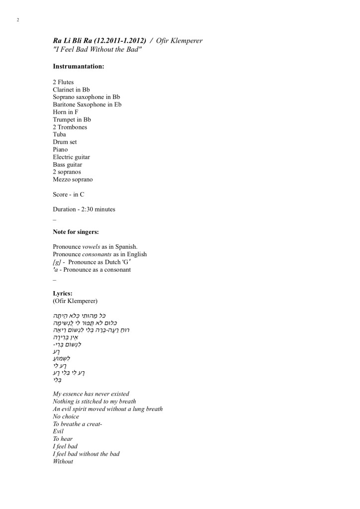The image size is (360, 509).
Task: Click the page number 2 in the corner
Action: (18, 20)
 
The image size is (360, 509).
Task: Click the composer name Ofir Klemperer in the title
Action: (179, 41)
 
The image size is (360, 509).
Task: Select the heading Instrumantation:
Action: (78, 66)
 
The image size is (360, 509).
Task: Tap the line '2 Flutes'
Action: (63, 82)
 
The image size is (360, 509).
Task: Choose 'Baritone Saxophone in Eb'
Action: (87, 104)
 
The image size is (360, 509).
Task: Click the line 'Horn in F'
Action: (66, 112)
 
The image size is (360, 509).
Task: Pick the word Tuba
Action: (60, 134)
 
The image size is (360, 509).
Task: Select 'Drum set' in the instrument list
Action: (65, 142)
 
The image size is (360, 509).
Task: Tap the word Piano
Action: (60, 149)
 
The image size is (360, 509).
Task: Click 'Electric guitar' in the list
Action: (71, 157)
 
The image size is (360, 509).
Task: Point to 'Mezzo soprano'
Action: (73, 179)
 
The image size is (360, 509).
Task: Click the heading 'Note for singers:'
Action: (78, 232)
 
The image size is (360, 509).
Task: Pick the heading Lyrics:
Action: (63, 294)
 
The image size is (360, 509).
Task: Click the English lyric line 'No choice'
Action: (66, 416)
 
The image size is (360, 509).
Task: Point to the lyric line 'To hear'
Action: (63, 439)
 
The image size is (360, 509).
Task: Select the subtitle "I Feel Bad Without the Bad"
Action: (97, 49)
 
